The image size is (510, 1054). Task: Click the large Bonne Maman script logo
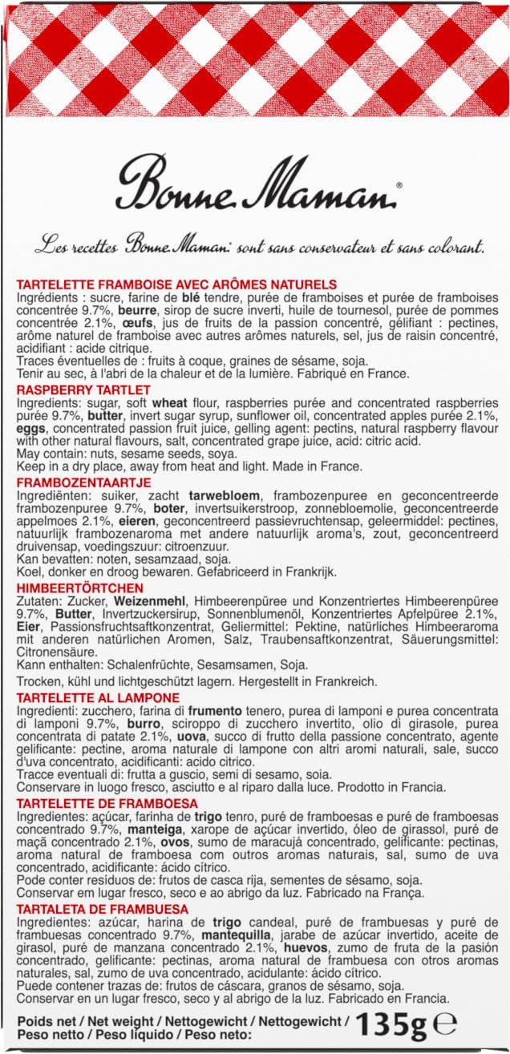pos(255,184)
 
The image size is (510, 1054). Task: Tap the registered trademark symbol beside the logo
pos(399,185)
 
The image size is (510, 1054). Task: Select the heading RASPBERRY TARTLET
pos(83,389)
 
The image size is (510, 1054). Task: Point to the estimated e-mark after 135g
pos(447,1025)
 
